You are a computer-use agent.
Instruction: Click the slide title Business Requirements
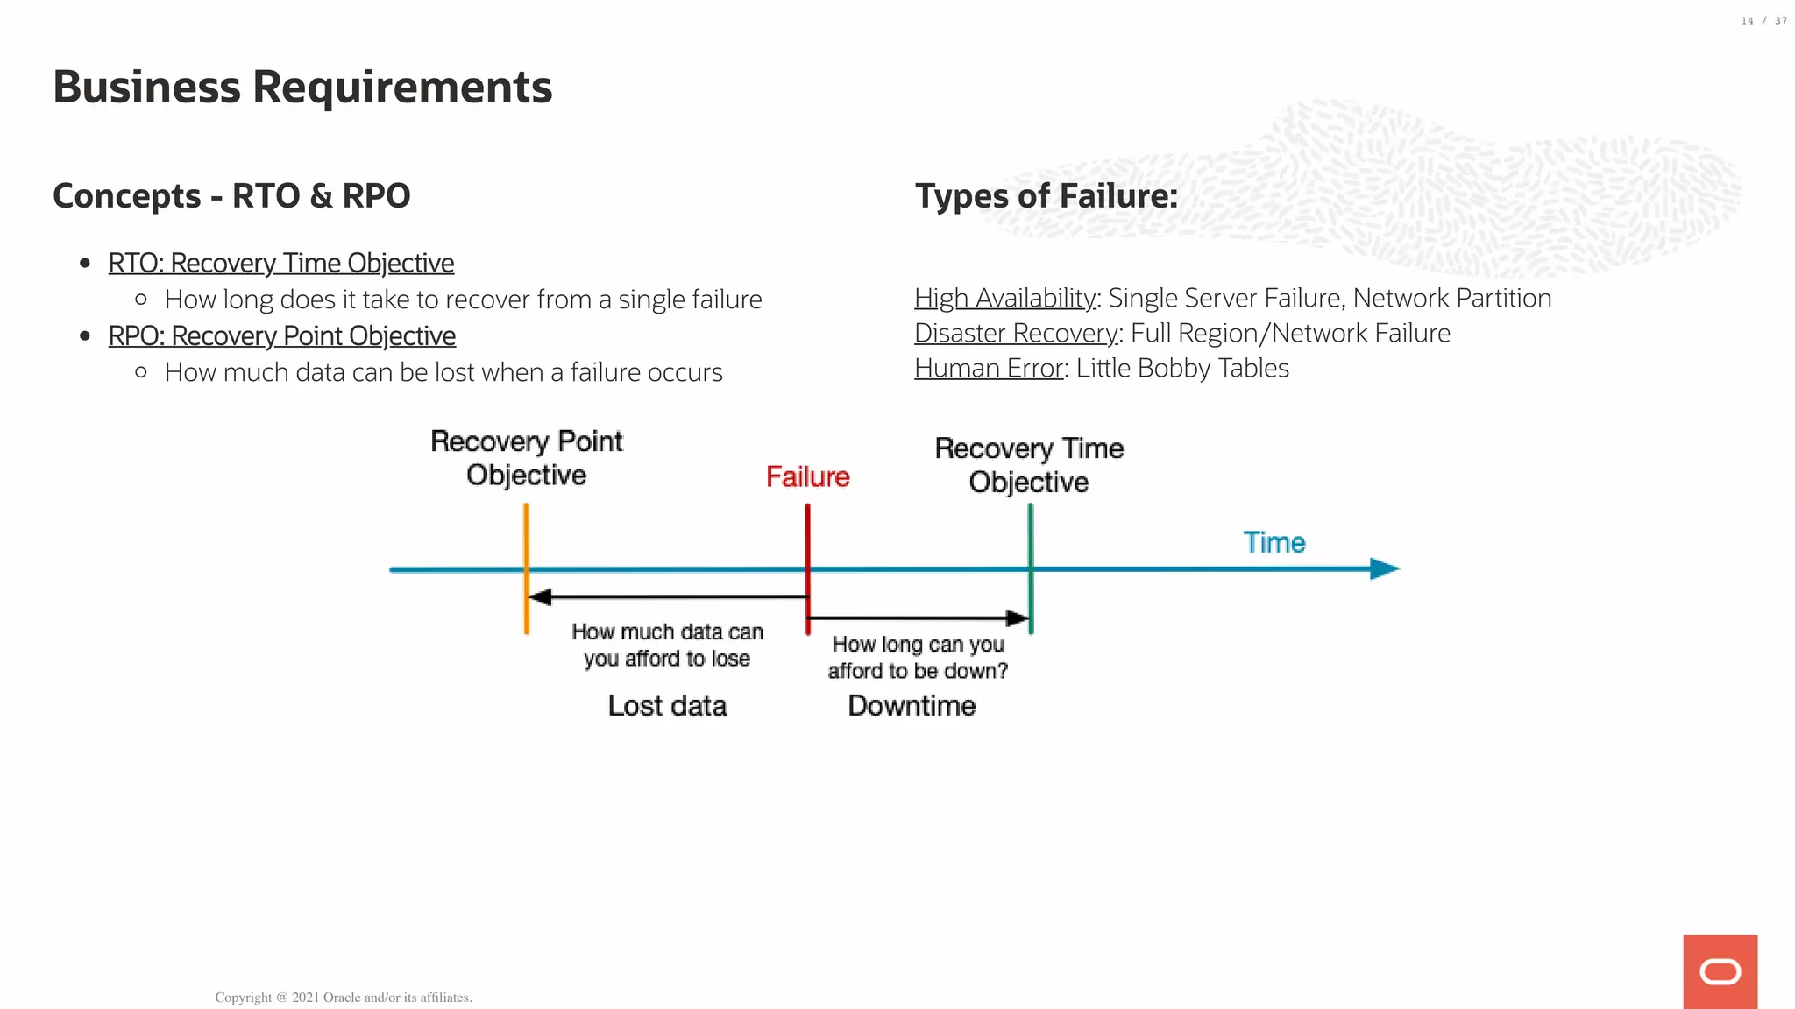(x=302, y=88)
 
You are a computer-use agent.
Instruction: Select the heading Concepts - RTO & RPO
(x=231, y=196)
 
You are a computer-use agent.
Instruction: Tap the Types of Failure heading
(x=1046, y=196)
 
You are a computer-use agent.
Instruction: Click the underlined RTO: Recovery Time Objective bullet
(x=280, y=263)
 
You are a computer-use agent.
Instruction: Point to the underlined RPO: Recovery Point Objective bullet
(x=281, y=335)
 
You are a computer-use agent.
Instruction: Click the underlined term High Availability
(x=1004, y=299)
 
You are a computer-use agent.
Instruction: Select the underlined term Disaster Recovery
(x=1016, y=334)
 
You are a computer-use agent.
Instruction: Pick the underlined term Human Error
(x=988, y=369)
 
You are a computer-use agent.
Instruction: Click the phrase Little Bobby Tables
(x=1182, y=369)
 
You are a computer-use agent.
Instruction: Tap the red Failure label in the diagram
(x=807, y=477)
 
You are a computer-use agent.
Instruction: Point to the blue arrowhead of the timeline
(x=1385, y=569)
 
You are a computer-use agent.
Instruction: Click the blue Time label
(x=1274, y=543)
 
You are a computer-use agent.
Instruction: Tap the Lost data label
(x=667, y=706)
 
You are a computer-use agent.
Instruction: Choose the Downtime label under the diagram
(x=912, y=706)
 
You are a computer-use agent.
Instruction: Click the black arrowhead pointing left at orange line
(x=540, y=597)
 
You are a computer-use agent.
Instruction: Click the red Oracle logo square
(x=1720, y=971)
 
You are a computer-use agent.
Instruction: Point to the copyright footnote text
(x=344, y=998)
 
